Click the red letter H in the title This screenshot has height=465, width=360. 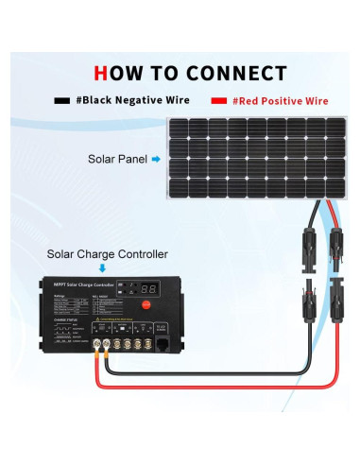[x=104, y=73]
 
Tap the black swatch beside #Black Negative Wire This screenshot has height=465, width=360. [x=62, y=100]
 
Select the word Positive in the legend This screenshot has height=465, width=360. [x=290, y=100]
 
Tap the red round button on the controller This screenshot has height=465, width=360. [x=146, y=304]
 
